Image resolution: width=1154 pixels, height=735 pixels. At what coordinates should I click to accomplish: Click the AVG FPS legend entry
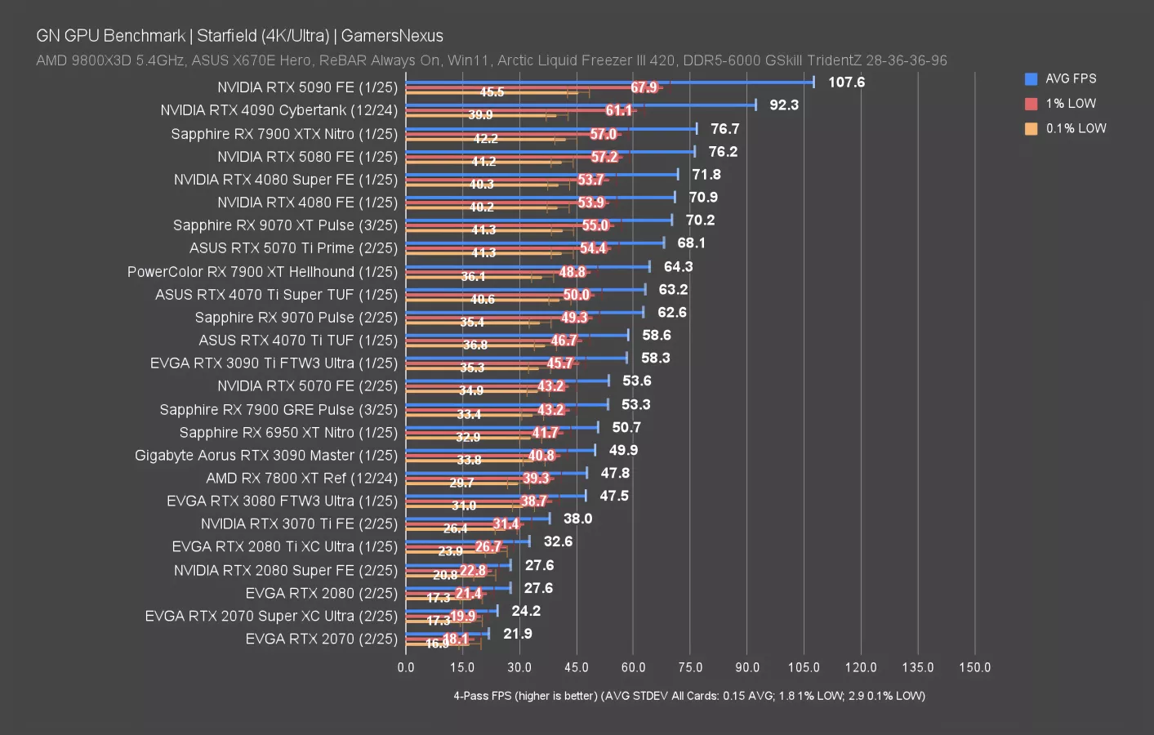pos(1070,78)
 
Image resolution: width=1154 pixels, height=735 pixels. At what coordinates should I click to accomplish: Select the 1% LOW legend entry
pos(1070,104)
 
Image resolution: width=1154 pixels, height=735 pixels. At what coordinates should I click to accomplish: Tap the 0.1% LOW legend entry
pos(1075,128)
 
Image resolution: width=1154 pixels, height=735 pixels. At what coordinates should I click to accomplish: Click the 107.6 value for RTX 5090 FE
pos(846,82)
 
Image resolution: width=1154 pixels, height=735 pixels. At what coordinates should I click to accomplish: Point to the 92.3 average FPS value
pos(783,105)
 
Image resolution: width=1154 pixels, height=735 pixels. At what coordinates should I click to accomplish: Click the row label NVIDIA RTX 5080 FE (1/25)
pos(307,157)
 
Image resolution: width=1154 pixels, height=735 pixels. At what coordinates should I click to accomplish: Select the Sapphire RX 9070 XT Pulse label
pos(285,225)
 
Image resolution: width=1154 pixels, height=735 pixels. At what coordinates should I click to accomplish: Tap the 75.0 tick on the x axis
pos(690,667)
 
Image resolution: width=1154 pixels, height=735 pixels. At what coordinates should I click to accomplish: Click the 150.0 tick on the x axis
pos(974,667)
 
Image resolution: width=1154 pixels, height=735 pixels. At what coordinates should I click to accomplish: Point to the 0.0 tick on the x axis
pos(406,667)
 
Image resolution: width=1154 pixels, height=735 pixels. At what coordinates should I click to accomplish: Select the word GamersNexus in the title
pos(392,36)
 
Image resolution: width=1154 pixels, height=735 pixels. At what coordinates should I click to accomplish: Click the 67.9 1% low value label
pos(644,87)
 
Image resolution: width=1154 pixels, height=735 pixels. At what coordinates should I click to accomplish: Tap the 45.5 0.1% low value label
pos(492,92)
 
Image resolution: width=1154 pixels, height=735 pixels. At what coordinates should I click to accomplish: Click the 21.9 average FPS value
pos(517,634)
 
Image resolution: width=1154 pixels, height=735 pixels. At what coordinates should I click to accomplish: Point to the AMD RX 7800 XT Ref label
pos(301,479)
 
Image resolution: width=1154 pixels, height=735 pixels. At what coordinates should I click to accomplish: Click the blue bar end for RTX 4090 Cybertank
pos(755,105)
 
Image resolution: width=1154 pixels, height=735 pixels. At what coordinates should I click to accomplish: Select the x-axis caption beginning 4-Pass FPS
pos(689,696)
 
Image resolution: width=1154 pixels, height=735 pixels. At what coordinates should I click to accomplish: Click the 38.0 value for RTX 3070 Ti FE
pos(577,519)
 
